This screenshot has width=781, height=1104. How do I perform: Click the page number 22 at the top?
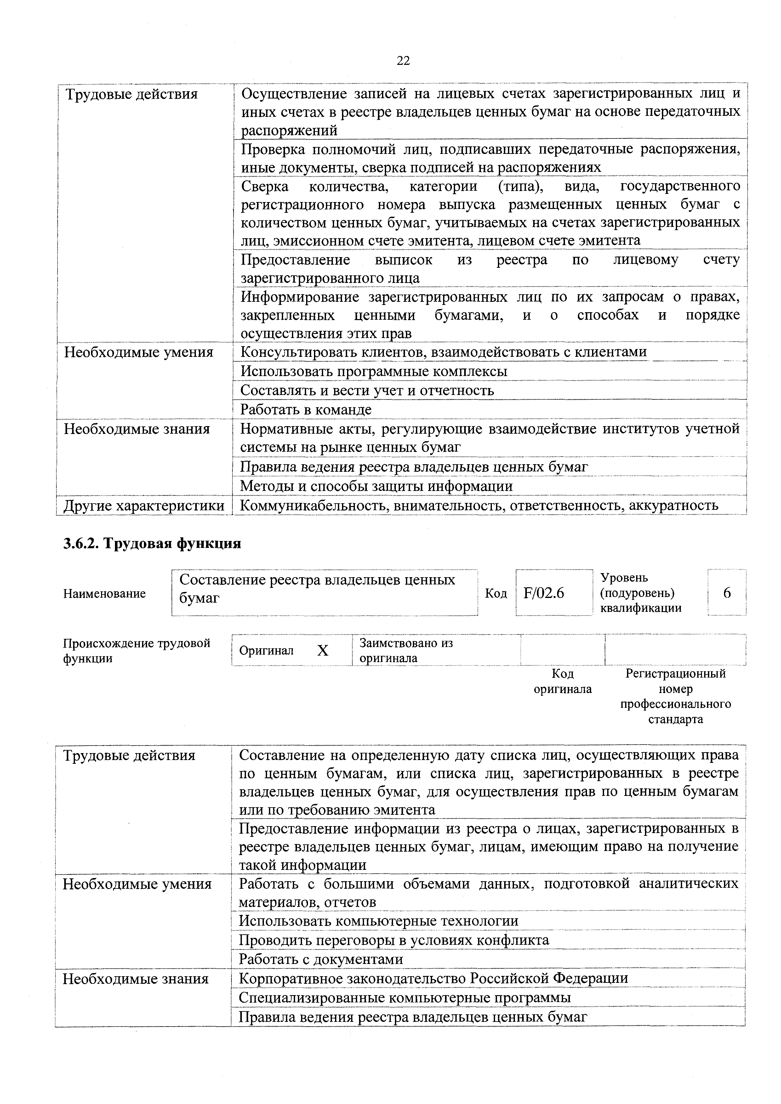[403, 61]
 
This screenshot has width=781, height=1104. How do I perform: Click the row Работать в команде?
[306, 410]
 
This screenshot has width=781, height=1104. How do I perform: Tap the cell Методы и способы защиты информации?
[376, 486]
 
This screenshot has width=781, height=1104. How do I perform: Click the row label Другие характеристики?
[144, 505]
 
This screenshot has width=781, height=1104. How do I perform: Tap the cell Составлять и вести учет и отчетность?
[367, 391]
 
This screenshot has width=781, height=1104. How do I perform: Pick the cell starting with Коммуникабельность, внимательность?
[479, 505]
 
